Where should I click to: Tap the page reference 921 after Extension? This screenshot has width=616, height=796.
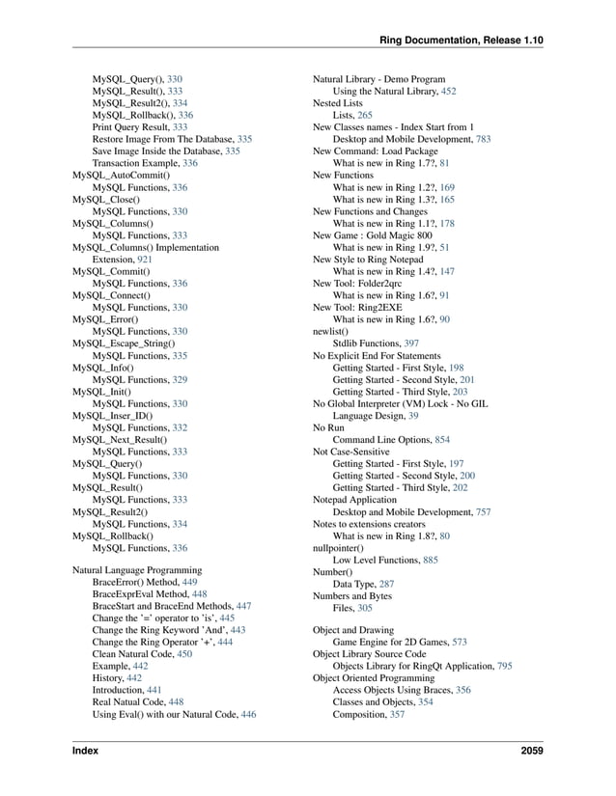(x=145, y=260)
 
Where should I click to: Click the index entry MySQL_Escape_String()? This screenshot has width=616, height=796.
(x=124, y=343)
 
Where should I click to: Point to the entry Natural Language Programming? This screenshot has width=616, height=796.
(x=137, y=570)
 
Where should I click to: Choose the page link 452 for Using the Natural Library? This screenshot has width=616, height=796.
(x=448, y=91)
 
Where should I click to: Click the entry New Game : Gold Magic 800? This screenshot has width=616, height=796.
(x=372, y=235)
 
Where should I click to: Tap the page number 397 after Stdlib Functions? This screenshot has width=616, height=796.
(x=411, y=343)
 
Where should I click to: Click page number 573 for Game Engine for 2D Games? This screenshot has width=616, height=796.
(x=460, y=642)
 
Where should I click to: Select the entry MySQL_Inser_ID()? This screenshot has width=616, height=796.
(x=112, y=415)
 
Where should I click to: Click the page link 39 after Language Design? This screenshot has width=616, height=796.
(x=413, y=415)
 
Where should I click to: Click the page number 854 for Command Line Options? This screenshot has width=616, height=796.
(x=442, y=439)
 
